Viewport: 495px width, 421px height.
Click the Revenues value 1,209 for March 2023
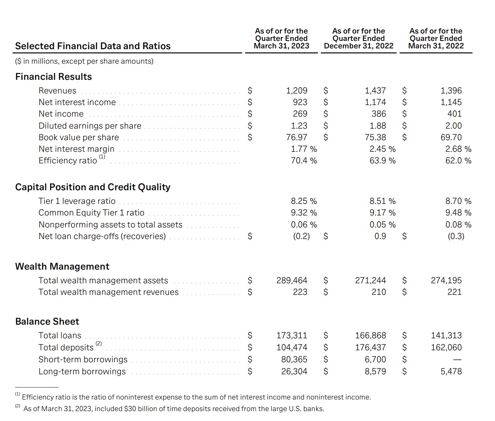tap(297, 91)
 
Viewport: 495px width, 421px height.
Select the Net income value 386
tap(379, 114)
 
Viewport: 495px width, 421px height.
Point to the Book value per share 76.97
tap(294, 137)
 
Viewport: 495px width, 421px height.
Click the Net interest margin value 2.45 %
tap(382, 149)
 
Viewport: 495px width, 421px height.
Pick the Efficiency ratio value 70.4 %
tap(304, 160)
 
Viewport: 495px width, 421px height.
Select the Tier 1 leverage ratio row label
tap(77, 201)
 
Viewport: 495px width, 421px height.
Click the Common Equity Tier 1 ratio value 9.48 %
tap(458, 213)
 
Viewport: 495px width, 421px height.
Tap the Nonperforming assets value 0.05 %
tap(382, 225)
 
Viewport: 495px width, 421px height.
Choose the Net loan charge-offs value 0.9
tap(380, 236)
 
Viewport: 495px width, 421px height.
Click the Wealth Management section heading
tap(62, 266)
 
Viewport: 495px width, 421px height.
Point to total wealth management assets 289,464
tap(292, 280)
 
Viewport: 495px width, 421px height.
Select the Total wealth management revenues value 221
tap(454, 292)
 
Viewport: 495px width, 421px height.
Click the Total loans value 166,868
tap(370, 335)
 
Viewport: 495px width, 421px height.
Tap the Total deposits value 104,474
tap(292, 347)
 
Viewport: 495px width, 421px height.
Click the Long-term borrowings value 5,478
tap(452, 371)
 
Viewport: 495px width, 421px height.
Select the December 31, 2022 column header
tap(359, 38)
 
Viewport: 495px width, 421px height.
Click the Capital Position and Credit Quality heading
tap(93, 187)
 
